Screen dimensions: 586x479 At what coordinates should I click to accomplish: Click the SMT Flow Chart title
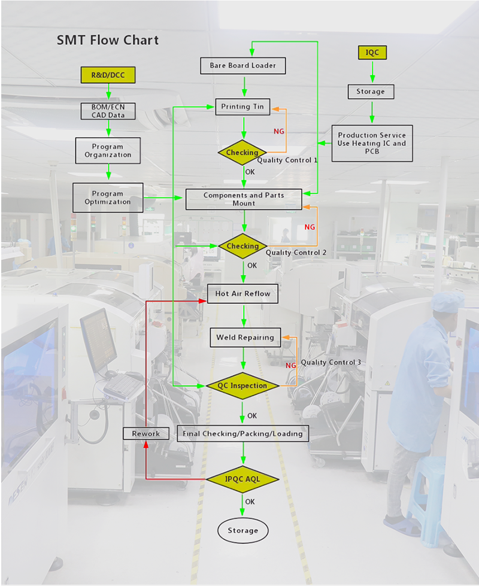(108, 41)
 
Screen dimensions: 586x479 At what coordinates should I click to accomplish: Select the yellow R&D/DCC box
(108, 75)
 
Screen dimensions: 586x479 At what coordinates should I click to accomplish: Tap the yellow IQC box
(372, 53)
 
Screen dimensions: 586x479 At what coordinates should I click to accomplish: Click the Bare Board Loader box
(242, 65)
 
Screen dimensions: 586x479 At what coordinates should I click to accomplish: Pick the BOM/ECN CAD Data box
(108, 111)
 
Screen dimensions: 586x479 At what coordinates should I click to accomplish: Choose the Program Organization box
(108, 150)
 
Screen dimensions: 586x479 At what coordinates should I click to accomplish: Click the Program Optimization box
(108, 198)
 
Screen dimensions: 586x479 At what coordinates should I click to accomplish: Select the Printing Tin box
(242, 107)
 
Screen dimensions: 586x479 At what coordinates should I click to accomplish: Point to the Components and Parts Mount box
(244, 199)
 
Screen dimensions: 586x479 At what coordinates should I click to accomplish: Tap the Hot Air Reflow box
(242, 293)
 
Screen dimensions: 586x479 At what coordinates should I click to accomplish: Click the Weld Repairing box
(244, 337)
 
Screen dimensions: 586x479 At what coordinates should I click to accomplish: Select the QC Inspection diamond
(242, 385)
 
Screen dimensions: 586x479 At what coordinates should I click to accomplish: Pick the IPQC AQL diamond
(242, 479)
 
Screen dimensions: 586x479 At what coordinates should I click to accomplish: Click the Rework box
(145, 433)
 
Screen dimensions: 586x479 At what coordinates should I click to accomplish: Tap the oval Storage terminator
(242, 530)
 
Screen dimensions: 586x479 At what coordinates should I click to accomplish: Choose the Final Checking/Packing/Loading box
(242, 433)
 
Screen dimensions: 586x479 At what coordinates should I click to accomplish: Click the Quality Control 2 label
(296, 253)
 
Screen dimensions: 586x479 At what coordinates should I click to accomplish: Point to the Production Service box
(372, 143)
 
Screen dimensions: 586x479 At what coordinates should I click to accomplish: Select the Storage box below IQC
(371, 92)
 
